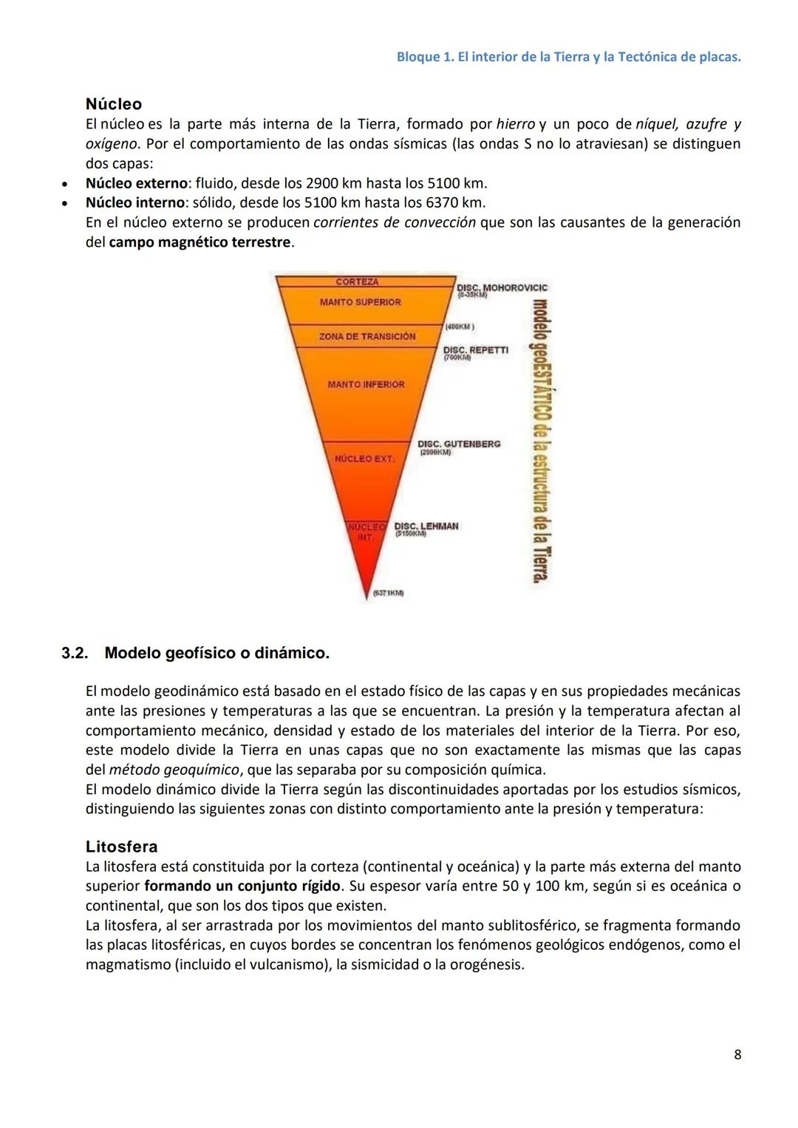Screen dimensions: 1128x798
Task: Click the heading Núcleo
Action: pos(113,104)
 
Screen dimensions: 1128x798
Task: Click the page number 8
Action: pos(737,1054)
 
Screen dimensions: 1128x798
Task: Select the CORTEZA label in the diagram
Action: pos(357,282)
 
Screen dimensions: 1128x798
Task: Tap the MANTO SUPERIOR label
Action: pos(360,302)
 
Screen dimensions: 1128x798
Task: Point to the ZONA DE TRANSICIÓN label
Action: pos(366,336)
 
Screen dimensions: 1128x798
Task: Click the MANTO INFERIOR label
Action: pos(366,384)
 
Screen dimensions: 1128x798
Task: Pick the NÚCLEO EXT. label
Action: pos(364,459)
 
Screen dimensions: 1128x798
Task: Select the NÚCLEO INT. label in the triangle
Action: pos(366,532)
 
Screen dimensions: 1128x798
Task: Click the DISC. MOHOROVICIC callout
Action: pos(502,287)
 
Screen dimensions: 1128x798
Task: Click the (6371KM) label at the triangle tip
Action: pos(388,592)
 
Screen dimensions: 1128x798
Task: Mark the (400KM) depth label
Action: pos(460,326)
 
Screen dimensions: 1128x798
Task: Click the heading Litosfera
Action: pos(121,847)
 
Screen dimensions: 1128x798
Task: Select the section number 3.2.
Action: pos(75,653)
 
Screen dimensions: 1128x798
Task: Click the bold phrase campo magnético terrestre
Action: pos(199,242)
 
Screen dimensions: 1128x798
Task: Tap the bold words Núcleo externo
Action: pos(137,183)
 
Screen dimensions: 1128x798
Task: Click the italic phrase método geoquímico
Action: pos(174,770)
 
